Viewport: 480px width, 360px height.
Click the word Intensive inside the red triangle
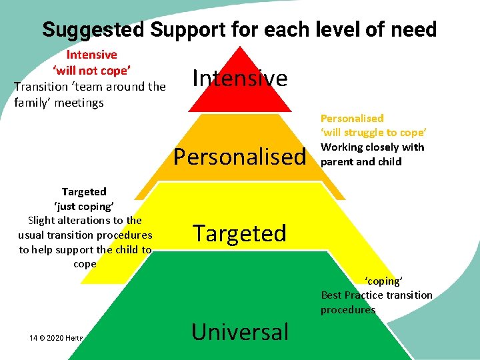[x=240, y=79]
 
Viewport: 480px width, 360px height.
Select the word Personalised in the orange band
[x=239, y=157]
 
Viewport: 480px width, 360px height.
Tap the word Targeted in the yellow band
[x=239, y=233]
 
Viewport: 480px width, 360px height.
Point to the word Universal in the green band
[x=239, y=331]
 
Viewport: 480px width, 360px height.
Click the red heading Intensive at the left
[x=91, y=55]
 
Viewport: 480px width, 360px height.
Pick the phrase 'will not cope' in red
[x=91, y=71]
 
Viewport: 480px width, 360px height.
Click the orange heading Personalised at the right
[x=352, y=118]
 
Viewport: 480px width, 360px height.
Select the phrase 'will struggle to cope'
[x=373, y=133]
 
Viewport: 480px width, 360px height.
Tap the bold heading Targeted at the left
[x=84, y=191]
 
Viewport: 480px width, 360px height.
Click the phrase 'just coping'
[x=85, y=206]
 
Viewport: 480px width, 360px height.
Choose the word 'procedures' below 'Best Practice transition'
[x=348, y=309]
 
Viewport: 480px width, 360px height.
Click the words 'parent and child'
[x=361, y=161]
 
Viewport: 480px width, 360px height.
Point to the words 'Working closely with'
[x=372, y=147]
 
